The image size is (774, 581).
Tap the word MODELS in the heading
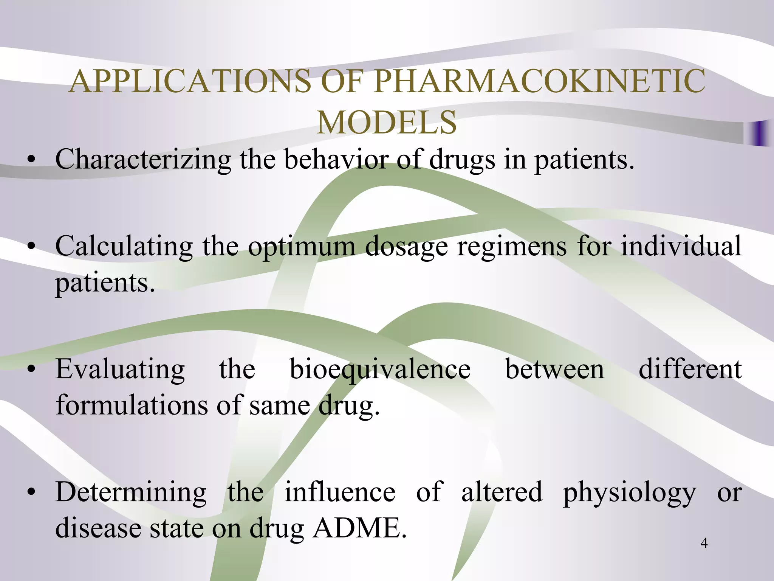[x=387, y=122]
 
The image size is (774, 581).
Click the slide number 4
[x=704, y=543]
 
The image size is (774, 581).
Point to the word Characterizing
[x=143, y=159]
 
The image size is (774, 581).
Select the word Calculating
[x=124, y=246]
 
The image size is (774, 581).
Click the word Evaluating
[x=120, y=370]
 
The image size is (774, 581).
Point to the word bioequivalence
[x=380, y=370]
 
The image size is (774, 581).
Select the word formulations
[x=131, y=405]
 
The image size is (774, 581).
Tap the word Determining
[x=131, y=493]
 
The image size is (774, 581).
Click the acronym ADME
[x=359, y=528]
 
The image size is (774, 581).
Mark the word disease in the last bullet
[x=98, y=528]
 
